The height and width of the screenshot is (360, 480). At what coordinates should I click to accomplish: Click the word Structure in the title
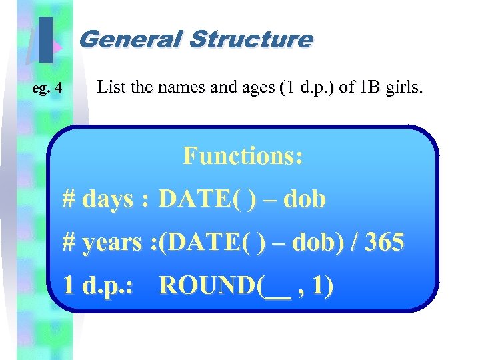point(250,39)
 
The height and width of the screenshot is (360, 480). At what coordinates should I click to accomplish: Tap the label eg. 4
point(48,88)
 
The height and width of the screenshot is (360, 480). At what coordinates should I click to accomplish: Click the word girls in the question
point(404,87)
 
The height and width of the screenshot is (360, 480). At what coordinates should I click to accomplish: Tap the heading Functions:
point(243,156)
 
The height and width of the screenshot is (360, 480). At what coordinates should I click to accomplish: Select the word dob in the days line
point(305,199)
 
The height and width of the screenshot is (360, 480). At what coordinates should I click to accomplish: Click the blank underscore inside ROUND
point(277,291)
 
